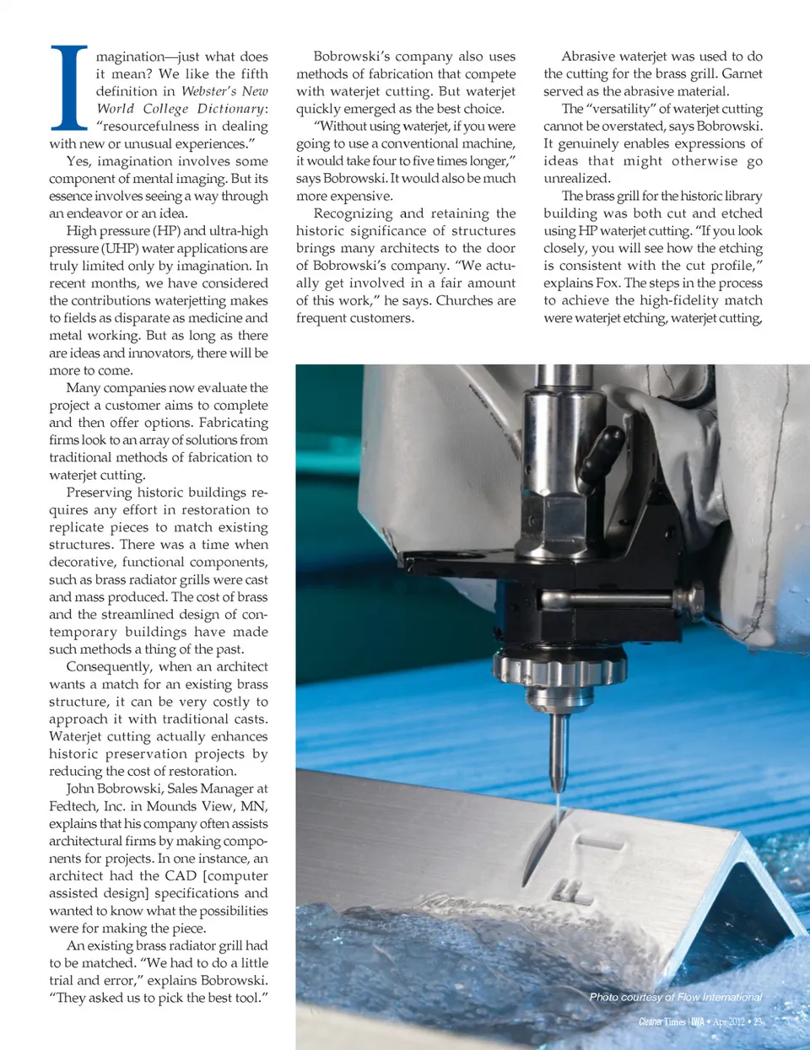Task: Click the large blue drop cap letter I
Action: coord(69,88)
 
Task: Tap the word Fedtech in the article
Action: coord(73,806)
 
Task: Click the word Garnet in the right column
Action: coord(742,74)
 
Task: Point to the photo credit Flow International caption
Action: coord(675,998)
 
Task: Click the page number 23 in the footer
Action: coord(758,1022)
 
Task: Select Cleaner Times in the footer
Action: coord(661,1022)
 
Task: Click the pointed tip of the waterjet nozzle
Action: coord(557,788)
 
